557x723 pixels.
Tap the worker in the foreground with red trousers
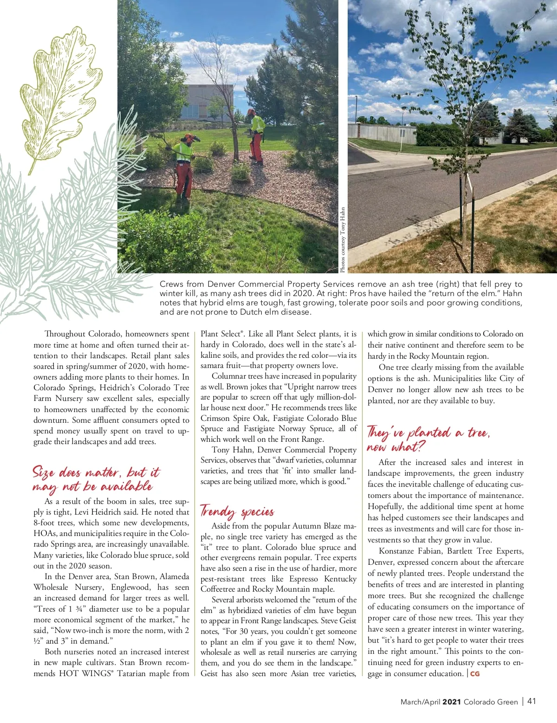coord(185,165)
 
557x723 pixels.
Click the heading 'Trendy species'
coord(237,511)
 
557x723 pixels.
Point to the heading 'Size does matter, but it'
coord(96,472)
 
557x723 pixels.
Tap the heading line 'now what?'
coord(395,447)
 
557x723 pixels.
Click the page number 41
coord(531,701)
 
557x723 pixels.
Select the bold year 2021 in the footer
coord(451,702)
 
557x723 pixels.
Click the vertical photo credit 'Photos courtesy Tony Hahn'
coord(343,239)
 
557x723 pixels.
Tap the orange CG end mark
coord(475,673)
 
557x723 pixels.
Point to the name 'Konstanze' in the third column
coord(399,551)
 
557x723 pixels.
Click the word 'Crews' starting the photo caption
coord(171,284)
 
